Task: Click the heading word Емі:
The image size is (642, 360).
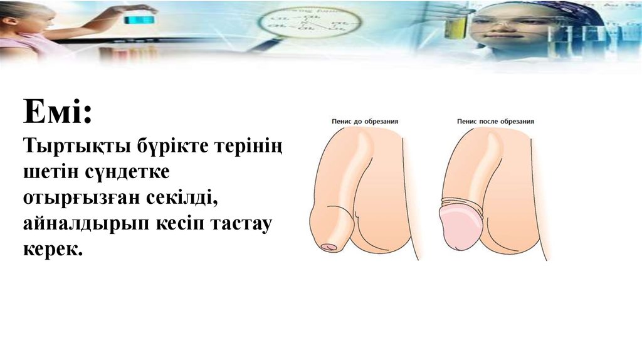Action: (x=58, y=112)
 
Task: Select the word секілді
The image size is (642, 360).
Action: (x=182, y=198)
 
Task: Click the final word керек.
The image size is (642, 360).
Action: (x=53, y=250)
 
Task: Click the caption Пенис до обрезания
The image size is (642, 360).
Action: (x=365, y=122)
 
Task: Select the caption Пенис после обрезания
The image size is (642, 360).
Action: (x=495, y=122)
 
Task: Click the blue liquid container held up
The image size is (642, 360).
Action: (x=140, y=19)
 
